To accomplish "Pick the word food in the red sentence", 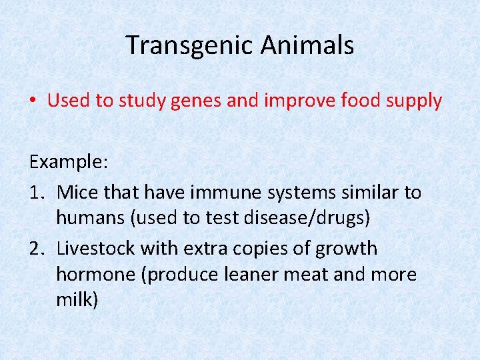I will [362, 101].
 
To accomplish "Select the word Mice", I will [75, 193].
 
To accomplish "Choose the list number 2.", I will [36, 249].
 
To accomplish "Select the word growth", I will [345, 249].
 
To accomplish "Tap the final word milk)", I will [77, 300].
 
